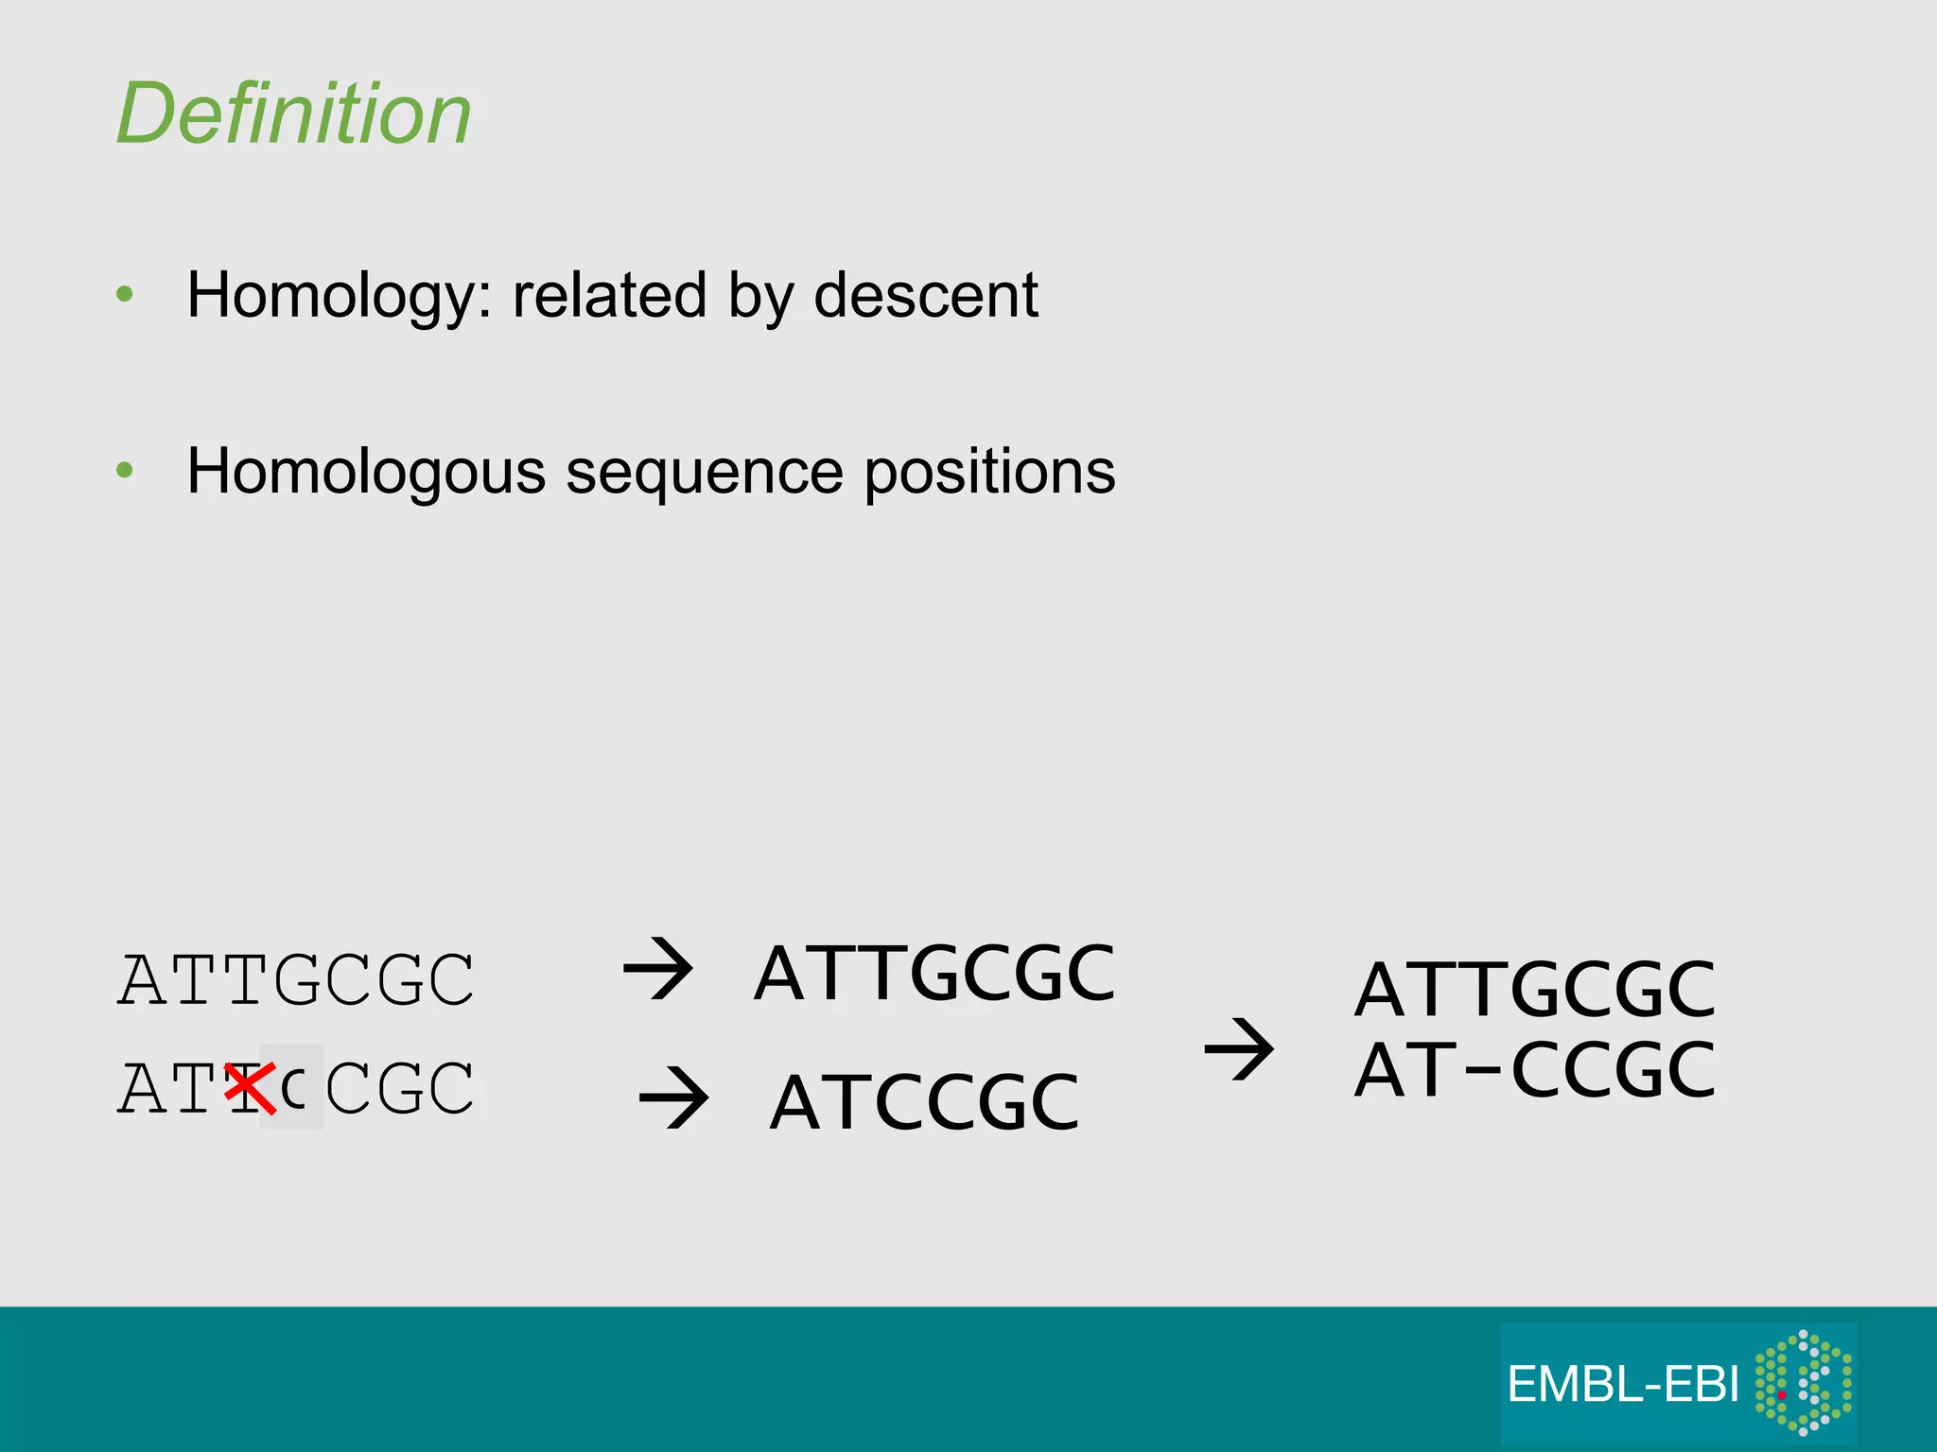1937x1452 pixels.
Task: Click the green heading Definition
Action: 293,114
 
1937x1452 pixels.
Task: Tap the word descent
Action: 926,295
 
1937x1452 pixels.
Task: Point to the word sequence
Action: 704,472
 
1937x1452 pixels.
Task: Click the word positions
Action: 989,472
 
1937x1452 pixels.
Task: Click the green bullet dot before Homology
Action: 125,294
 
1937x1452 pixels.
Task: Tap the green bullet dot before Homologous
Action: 125,470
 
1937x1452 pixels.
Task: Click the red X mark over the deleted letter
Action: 250,1087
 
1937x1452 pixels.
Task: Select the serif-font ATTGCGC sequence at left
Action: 296,980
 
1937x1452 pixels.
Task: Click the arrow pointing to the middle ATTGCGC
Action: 658,969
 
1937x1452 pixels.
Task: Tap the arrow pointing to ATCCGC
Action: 673,1098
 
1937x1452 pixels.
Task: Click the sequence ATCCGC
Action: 924,1102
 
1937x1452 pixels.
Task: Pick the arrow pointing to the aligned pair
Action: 1239,1049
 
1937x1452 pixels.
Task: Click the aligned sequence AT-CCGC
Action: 1534,1070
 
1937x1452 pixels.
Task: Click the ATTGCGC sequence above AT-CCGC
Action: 1534,990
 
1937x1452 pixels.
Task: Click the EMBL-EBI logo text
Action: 1623,1385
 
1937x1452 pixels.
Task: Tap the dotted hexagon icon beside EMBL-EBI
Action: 1803,1382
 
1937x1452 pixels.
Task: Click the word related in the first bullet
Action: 609,295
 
